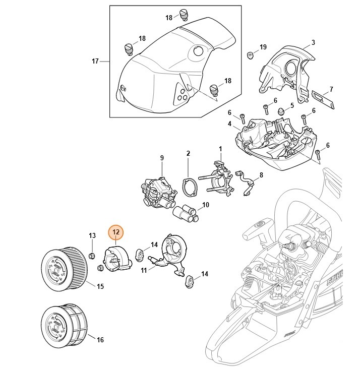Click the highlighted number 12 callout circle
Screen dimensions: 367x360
click(116, 232)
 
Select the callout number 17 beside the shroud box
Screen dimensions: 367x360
click(95, 62)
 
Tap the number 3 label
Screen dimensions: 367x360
click(313, 42)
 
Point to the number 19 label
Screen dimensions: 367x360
click(263, 47)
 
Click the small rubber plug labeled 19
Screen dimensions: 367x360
click(249, 54)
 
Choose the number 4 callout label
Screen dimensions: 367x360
click(229, 124)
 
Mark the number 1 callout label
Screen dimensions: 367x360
click(220, 149)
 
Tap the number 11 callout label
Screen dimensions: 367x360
click(144, 271)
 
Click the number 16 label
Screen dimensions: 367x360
click(100, 340)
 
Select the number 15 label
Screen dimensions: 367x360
click(100, 286)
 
